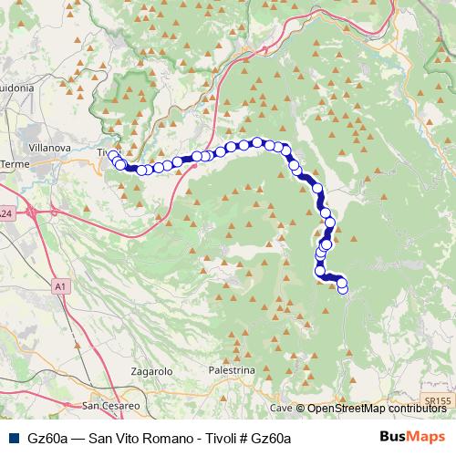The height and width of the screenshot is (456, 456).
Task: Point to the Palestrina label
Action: [232, 372]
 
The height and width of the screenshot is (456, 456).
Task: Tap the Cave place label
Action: [280, 409]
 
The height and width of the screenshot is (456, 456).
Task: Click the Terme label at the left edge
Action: [16, 164]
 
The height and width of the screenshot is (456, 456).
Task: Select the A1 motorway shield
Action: [60, 286]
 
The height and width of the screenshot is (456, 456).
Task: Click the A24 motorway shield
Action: [5, 213]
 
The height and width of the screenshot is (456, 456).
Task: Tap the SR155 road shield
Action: [438, 399]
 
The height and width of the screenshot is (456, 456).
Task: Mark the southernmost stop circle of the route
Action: [343, 289]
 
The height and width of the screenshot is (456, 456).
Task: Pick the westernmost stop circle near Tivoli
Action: [113, 156]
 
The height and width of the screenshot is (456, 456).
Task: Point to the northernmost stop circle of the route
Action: [258, 141]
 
